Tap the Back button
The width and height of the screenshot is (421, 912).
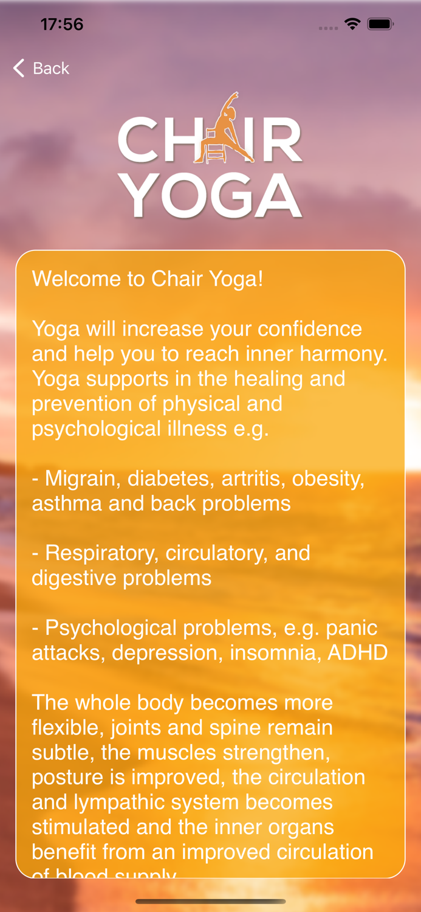pyautogui.click(x=41, y=68)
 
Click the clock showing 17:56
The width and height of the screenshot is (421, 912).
pyautogui.click(x=61, y=24)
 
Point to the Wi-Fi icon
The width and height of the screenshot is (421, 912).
pyautogui.click(x=352, y=24)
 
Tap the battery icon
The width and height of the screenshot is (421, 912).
pyautogui.click(x=381, y=24)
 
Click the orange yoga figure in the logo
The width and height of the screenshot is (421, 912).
pyautogui.click(x=223, y=130)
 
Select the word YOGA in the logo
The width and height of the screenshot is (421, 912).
pyautogui.click(x=211, y=196)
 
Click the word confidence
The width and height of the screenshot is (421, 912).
pyautogui.click(x=310, y=329)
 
